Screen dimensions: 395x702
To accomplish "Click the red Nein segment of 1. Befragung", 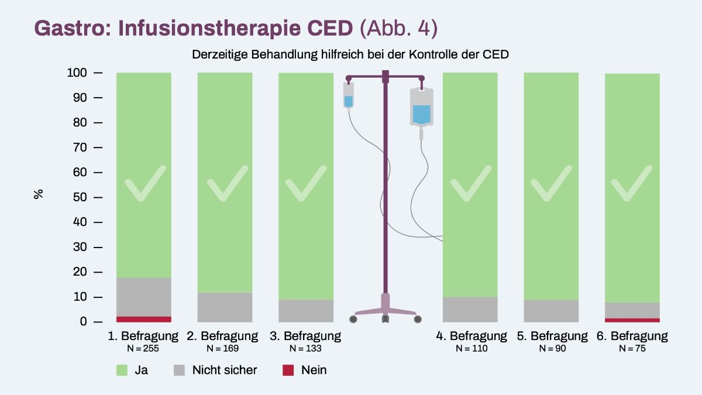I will pos(144,319).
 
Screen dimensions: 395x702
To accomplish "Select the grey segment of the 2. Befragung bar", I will pos(225,307).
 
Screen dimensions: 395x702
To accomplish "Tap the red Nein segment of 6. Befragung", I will pos(632,320).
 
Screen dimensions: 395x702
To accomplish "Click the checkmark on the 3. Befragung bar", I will pos(306,183).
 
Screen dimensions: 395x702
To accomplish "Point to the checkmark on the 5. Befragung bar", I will pos(551,183).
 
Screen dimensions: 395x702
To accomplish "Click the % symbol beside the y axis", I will pos(39,194).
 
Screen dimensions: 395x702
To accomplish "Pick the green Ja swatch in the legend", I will pos(122,370).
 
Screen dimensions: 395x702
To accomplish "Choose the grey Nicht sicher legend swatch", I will pos(180,370).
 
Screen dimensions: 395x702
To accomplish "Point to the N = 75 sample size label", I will pos(632,348).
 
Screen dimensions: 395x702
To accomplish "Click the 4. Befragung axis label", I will pos(471,336).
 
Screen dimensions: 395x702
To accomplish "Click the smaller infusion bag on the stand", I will pos(349,96).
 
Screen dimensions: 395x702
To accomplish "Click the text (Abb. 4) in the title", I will pos(398,28).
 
